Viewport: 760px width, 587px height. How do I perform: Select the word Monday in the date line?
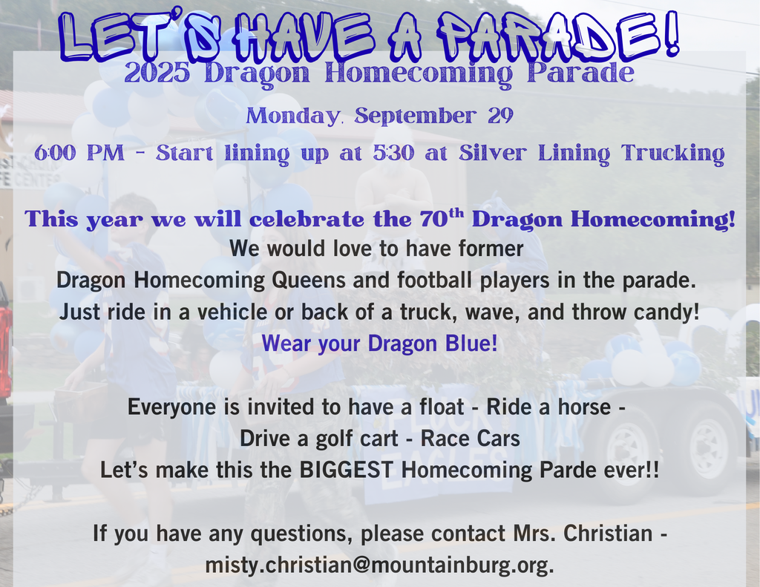290,117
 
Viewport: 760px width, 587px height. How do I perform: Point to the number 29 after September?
497,117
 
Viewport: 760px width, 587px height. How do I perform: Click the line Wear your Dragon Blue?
379,344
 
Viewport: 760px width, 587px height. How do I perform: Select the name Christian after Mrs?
604,533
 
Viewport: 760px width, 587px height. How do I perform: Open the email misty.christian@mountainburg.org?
379,565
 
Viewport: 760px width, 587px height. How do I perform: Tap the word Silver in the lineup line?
491,154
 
